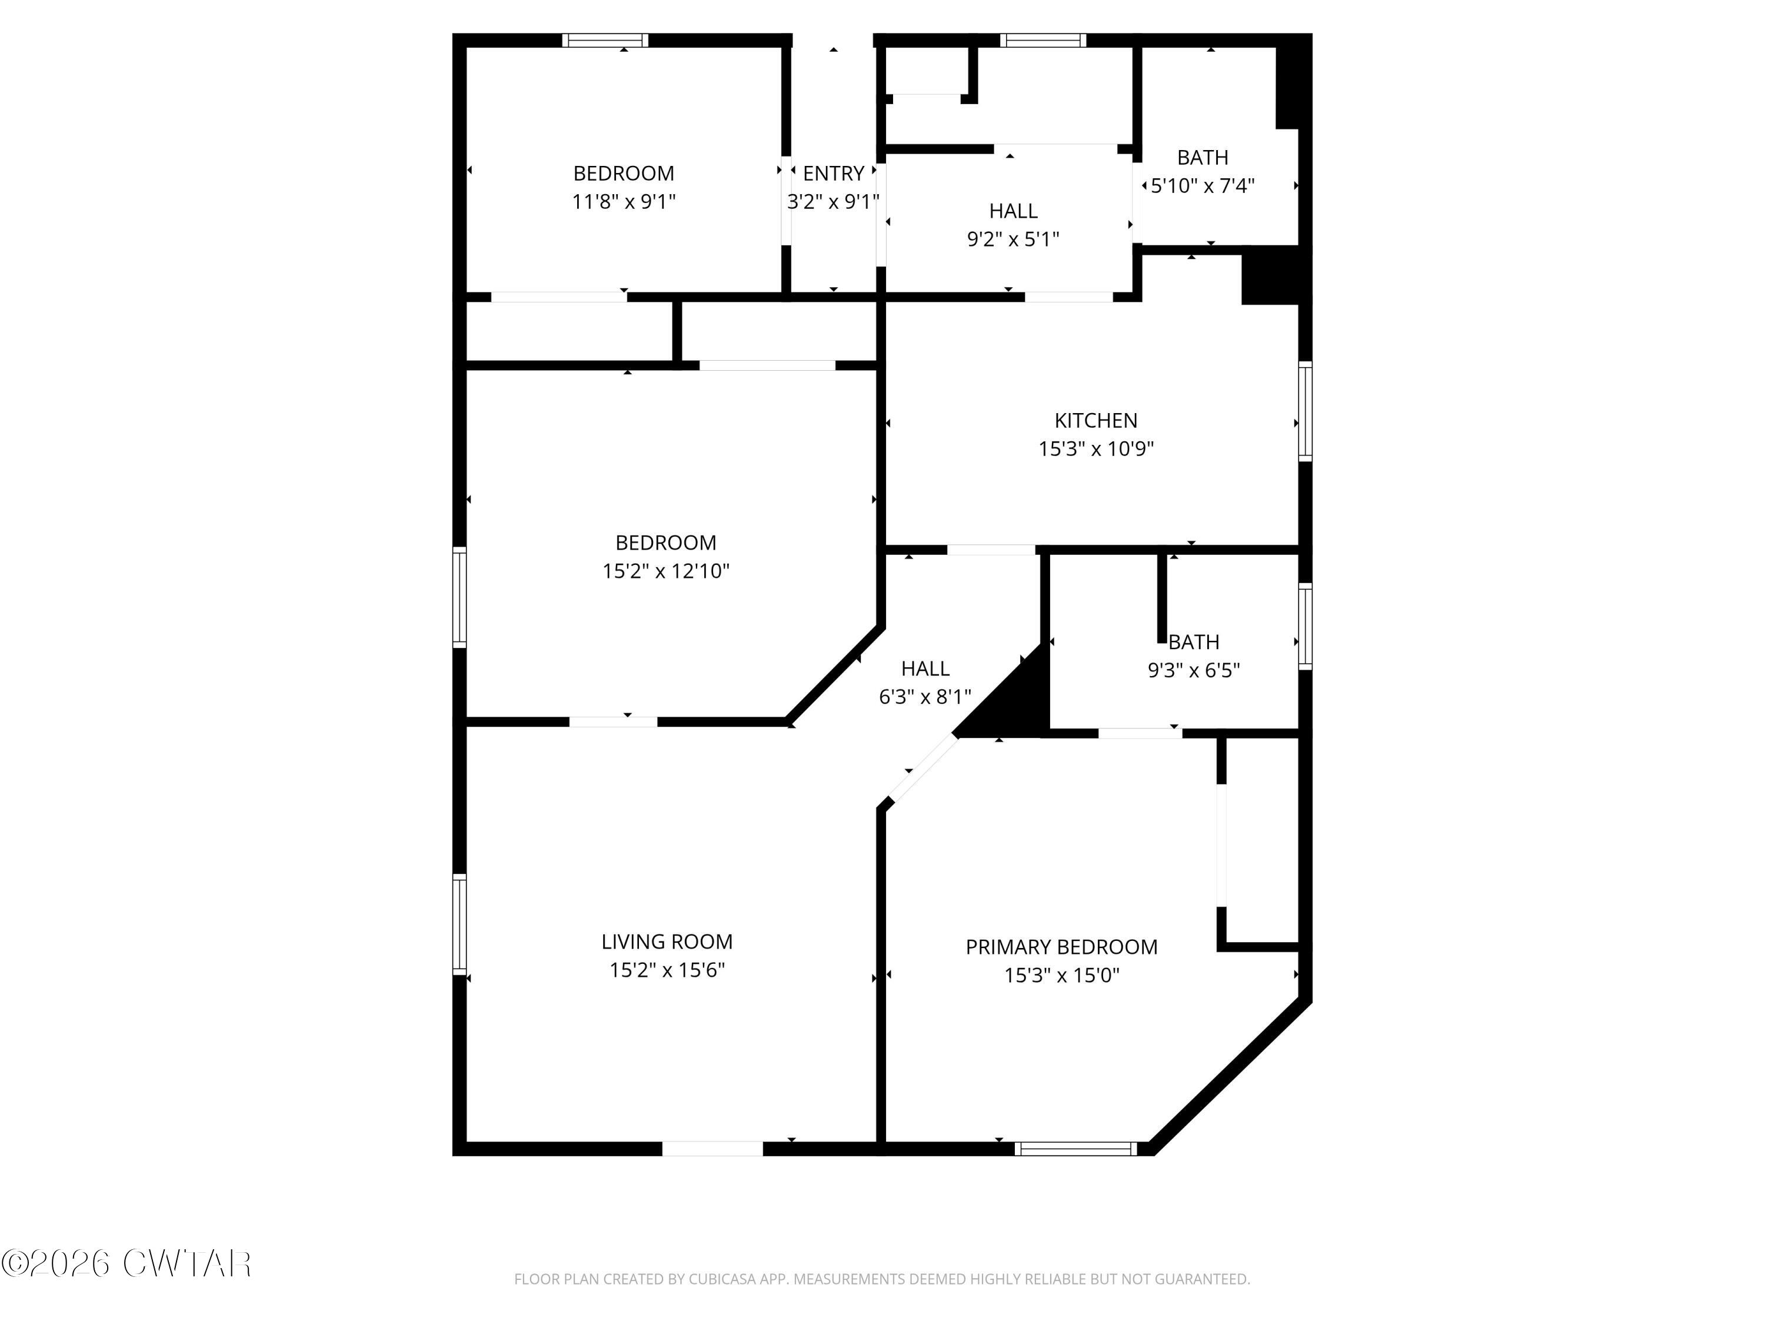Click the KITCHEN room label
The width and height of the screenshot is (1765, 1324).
pyautogui.click(x=1095, y=421)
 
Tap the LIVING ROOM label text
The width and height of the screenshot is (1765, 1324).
pyautogui.click(x=667, y=942)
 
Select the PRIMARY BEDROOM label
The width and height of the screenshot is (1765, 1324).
pyautogui.click(x=1061, y=947)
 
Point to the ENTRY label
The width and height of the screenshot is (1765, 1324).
pyautogui.click(x=833, y=173)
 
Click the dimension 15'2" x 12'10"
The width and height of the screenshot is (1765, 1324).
pyautogui.click(x=665, y=571)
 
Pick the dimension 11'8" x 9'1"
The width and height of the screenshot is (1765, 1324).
pyautogui.click(x=623, y=202)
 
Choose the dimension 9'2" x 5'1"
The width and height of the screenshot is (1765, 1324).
pyautogui.click(x=1013, y=239)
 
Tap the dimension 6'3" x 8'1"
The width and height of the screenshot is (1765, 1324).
pyautogui.click(x=925, y=697)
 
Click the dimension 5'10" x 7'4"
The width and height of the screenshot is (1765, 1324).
pyautogui.click(x=1203, y=186)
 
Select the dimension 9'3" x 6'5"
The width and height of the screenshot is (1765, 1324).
pyautogui.click(x=1194, y=670)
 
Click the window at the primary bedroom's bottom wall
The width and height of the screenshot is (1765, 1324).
pyautogui.click(x=1075, y=1149)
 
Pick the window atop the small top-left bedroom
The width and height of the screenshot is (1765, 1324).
pyautogui.click(x=605, y=41)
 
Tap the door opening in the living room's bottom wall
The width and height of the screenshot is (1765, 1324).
pyautogui.click(x=712, y=1149)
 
